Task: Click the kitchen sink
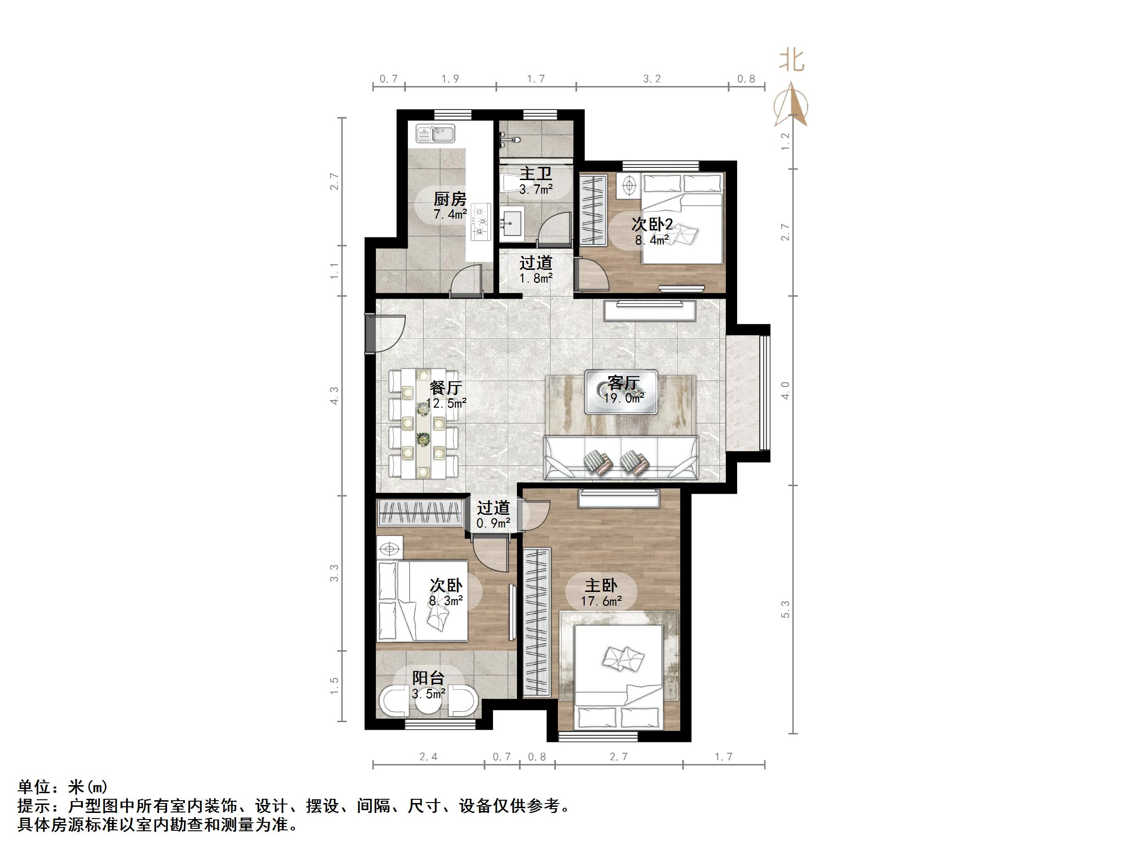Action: [x=435, y=134]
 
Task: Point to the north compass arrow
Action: [x=792, y=105]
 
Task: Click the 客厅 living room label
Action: [x=623, y=383]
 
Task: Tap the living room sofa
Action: [x=621, y=458]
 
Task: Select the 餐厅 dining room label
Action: [x=445, y=388]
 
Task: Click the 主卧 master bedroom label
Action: [x=601, y=586]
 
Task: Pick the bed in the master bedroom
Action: [x=618, y=677]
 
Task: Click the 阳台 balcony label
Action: [x=428, y=678]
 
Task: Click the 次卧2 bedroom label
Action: [x=651, y=224]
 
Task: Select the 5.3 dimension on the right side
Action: [x=785, y=609]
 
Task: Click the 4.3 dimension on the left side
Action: [x=334, y=395]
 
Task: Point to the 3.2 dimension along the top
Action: [x=651, y=79]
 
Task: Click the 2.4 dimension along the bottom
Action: [x=428, y=756]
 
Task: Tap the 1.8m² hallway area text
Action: [x=536, y=278]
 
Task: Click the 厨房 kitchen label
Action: [x=450, y=198]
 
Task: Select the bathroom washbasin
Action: [x=512, y=224]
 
